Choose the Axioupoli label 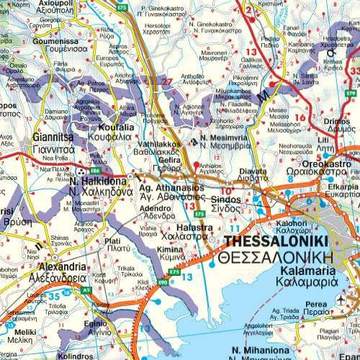46,5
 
